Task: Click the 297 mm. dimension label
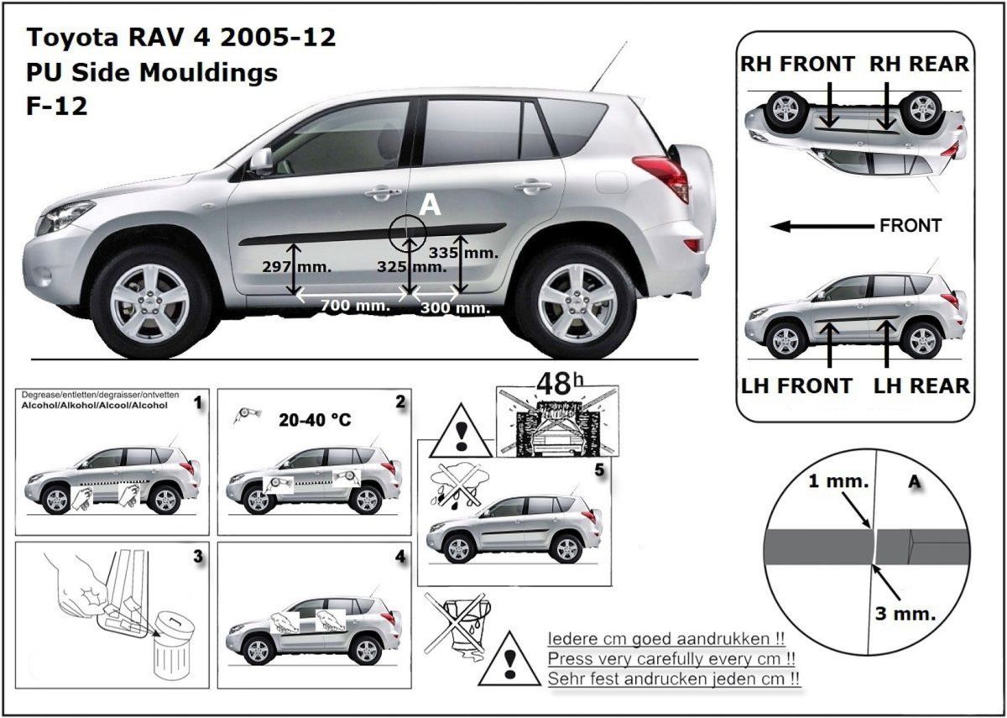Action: click(297, 267)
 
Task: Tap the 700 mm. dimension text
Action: click(355, 306)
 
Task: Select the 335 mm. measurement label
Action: click(463, 253)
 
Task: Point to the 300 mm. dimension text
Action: click(455, 308)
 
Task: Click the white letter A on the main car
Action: click(430, 206)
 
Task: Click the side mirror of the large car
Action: click(261, 159)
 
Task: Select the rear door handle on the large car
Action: click(533, 186)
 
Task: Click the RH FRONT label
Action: click(797, 64)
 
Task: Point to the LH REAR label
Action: click(921, 386)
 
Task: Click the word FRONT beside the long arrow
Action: click(910, 226)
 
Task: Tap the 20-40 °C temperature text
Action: click(315, 420)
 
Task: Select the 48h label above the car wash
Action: click(560, 384)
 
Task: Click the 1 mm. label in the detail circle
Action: click(838, 481)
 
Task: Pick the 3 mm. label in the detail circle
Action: click(905, 613)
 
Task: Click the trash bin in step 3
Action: click(174, 646)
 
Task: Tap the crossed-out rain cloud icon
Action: click(459, 488)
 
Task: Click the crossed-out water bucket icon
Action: click(457, 623)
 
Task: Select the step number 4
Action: click(400, 558)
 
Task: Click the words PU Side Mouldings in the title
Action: click(152, 72)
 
